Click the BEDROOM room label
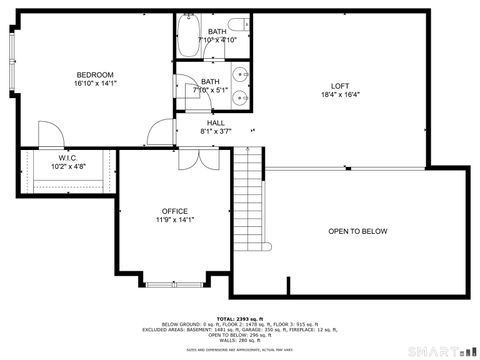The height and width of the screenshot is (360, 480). click(x=95, y=75)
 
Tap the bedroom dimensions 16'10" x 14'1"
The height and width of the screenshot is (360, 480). click(x=95, y=85)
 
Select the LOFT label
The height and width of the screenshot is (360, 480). click(x=340, y=85)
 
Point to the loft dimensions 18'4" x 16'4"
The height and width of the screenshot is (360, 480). click(x=340, y=96)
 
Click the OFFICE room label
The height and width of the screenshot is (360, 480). click(x=175, y=211)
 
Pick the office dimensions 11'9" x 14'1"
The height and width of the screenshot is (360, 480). click(x=175, y=220)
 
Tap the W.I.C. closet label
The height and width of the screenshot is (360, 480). click(x=68, y=157)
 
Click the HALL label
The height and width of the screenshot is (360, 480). click(x=216, y=122)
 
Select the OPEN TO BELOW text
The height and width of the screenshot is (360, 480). click(x=357, y=231)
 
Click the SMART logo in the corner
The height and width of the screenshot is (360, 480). click(x=440, y=351)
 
